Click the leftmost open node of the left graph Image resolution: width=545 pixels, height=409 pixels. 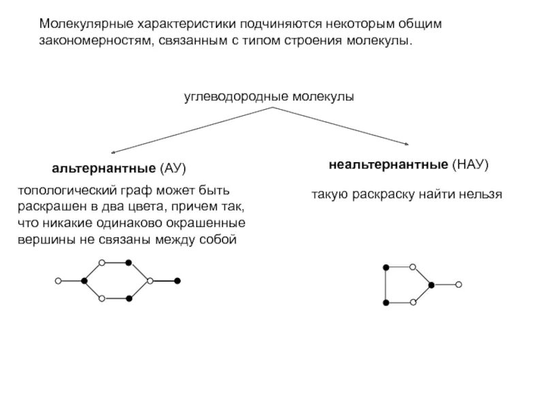[x=58, y=281]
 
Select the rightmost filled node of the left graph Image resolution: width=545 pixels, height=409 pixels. [x=177, y=281]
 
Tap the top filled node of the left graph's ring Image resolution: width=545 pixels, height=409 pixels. [x=128, y=262]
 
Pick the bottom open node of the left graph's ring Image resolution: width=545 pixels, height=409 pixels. [x=102, y=299]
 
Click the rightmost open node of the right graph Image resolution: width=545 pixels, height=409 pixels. [x=458, y=284]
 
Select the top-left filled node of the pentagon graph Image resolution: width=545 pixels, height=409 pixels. [x=386, y=267]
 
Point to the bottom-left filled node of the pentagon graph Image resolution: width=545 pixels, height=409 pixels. [x=386, y=302]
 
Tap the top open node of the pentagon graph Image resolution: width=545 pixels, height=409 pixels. [x=413, y=267]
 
